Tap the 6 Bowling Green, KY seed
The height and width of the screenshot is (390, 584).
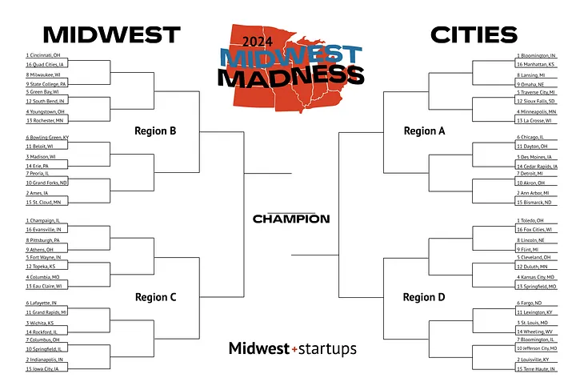(x=47, y=138)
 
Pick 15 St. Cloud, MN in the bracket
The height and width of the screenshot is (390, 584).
(x=45, y=203)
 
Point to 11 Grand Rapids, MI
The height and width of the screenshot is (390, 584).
(x=47, y=312)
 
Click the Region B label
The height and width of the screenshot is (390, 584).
(x=155, y=131)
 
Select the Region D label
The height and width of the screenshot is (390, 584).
(x=424, y=297)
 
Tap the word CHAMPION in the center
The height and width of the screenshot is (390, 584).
(x=291, y=219)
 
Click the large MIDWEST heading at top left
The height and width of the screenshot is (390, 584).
(x=111, y=34)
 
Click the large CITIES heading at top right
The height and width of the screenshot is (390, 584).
(x=474, y=34)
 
